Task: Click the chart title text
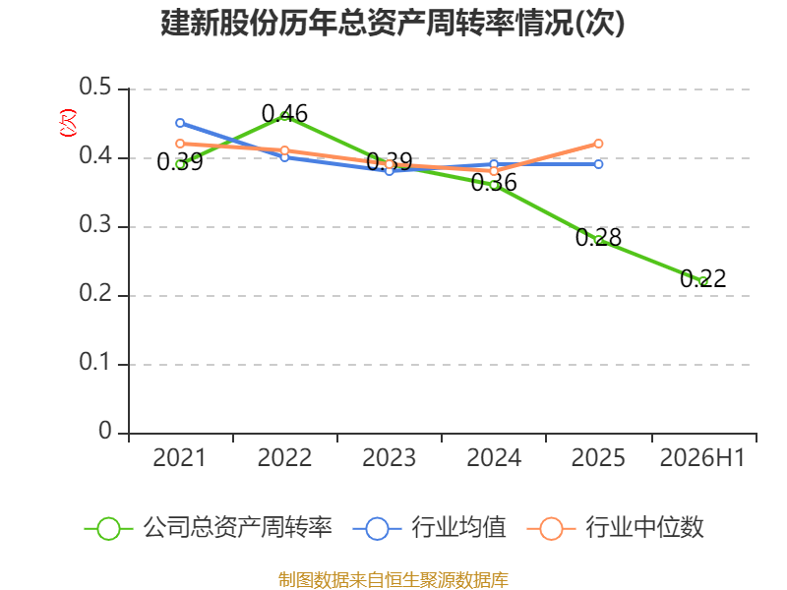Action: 393,23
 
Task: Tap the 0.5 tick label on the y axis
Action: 94,87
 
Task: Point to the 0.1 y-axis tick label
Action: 94,362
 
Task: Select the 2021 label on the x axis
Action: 180,457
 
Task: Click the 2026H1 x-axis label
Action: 702,457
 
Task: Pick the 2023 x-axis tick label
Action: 389,457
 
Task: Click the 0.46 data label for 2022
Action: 284,114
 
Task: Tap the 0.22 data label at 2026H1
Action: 703,278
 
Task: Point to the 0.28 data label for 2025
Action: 598,237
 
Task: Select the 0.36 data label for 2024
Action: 494,182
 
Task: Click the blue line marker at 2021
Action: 180,123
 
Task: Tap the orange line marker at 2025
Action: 598,144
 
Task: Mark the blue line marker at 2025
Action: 598,164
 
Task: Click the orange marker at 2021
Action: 180,144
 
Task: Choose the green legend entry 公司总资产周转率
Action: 209,528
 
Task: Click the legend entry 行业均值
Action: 430,528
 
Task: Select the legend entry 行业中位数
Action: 616,528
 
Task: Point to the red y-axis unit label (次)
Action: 68,123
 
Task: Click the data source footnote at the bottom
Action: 393,580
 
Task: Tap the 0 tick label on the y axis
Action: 105,431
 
